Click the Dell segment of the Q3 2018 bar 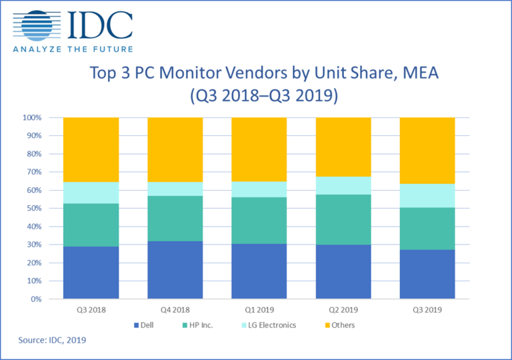pyautogui.click(x=91, y=272)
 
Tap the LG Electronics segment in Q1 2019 pyautogui.click(x=259, y=189)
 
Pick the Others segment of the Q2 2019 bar pyautogui.click(x=343, y=147)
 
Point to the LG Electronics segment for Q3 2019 pyautogui.click(x=427, y=195)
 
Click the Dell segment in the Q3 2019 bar pyautogui.click(x=427, y=274)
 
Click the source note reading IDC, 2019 pyautogui.click(x=53, y=341)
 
